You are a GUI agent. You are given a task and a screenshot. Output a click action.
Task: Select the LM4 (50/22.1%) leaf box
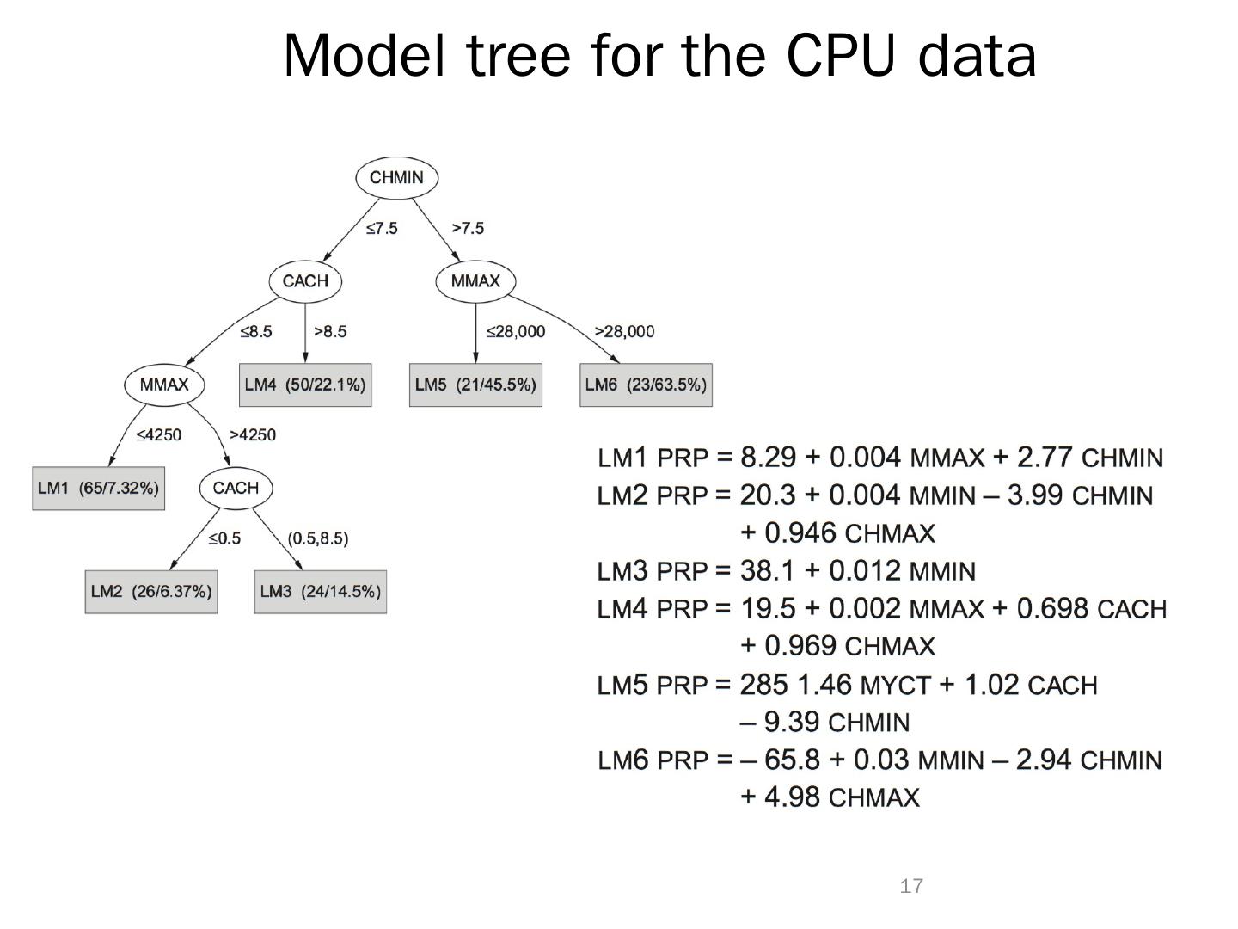pos(305,385)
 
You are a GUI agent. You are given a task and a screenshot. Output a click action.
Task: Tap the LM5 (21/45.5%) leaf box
pos(475,385)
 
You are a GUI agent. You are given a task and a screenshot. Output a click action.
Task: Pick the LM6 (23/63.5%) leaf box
pos(646,385)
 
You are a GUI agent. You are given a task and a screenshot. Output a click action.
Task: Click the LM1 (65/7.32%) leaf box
pos(98,488)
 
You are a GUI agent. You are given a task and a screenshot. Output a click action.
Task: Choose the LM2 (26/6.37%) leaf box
pos(151,592)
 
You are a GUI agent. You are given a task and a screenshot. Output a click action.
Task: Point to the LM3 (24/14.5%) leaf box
pos(321,592)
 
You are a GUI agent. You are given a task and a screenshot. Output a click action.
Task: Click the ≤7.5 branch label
pos(382,228)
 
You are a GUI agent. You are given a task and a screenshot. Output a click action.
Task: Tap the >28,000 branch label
pos(624,332)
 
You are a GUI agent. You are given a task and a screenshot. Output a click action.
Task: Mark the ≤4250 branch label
pos(158,435)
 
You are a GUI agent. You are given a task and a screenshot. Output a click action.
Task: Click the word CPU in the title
pos(841,56)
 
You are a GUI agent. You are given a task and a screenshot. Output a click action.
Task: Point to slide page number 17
pos(911,886)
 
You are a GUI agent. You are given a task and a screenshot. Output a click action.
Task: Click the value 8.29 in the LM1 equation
pos(768,457)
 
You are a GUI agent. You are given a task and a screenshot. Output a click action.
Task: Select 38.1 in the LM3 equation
pos(768,571)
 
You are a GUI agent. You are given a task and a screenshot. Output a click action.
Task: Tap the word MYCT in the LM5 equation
pos(896,686)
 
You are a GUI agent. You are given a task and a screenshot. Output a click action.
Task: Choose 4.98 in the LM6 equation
pos(793,797)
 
